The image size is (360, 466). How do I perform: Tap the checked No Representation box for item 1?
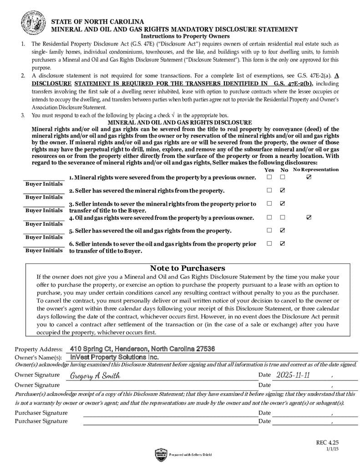309,177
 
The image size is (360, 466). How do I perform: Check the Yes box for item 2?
269,190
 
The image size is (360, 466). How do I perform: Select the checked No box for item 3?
283,203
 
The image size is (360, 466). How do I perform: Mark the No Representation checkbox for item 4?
309,218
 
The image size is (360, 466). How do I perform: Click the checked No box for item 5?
283,230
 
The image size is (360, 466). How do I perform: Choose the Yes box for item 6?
269,243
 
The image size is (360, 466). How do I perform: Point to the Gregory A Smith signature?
95,376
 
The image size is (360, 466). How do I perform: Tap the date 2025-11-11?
293,375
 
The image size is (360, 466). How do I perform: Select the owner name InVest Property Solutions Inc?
114,357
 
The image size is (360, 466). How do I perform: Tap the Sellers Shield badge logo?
161,454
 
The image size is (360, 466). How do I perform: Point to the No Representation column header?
316,170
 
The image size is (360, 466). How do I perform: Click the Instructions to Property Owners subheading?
185,36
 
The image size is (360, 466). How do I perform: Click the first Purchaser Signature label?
41,413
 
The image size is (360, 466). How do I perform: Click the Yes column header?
269,170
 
